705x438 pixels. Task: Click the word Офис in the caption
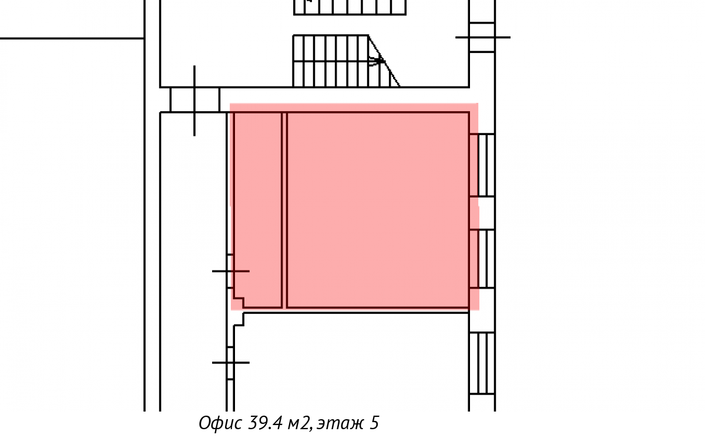(x=220, y=423)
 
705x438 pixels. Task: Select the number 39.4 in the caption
(x=266, y=423)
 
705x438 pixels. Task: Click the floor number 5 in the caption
(x=374, y=423)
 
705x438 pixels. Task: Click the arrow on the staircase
(x=377, y=61)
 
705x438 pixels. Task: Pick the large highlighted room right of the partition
(x=378, y=210)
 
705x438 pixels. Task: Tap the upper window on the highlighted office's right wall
(x=482, y=165)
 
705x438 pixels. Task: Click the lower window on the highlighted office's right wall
(x=482, y=259)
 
